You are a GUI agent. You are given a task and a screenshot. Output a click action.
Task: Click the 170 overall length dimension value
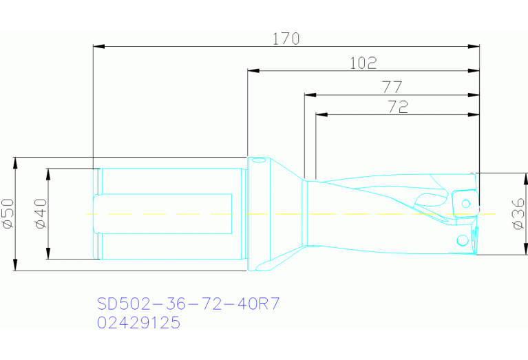click(286, 39)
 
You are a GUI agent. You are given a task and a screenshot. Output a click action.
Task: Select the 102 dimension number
click(363, 63)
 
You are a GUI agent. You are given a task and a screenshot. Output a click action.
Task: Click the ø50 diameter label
click(8, 213)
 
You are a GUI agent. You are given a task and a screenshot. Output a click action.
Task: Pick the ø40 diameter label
click(39, 213)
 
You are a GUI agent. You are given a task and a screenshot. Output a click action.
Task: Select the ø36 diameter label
click(518, 214)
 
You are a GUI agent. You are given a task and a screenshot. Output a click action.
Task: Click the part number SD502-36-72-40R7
click(188, 304)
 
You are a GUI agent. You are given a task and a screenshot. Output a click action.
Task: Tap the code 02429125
click(138, 322)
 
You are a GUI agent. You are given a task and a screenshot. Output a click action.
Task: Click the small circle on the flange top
click(258, 162)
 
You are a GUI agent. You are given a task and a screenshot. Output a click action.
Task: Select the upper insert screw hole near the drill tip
click(466, 203)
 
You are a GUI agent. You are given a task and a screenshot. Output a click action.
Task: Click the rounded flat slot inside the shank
click(162, 214)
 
